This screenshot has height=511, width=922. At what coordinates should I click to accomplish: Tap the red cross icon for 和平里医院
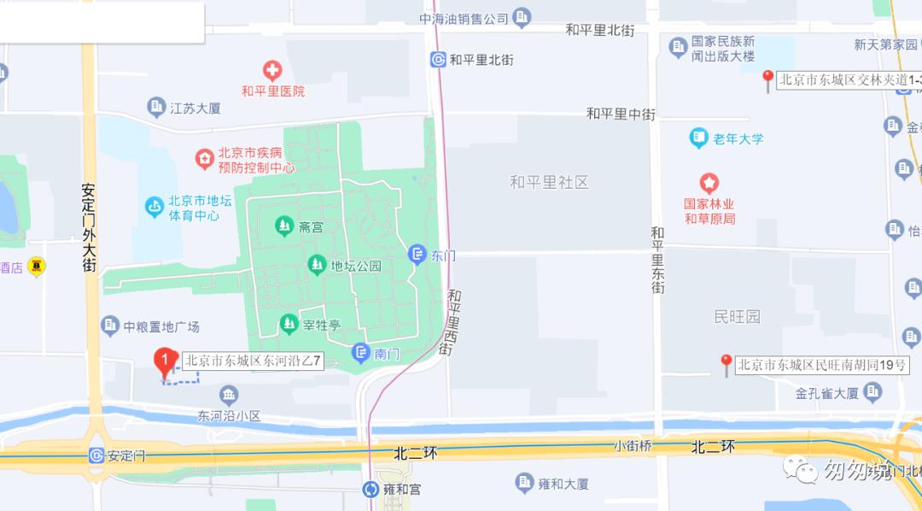[272, 70]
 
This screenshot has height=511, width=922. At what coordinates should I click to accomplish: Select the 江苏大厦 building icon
[156, 107]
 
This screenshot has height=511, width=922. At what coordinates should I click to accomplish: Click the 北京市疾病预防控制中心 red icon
[204, 159]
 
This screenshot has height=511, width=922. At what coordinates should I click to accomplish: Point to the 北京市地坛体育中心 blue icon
[154, 206]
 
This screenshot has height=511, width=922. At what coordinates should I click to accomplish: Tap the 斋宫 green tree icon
[283, 226]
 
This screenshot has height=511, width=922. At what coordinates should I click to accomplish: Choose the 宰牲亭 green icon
[289, 324]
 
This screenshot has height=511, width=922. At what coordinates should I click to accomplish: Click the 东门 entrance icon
[417, 254]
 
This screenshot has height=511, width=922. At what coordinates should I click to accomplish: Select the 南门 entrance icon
[361, 352]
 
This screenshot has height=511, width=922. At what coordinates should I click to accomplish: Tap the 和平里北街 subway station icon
[439, 59]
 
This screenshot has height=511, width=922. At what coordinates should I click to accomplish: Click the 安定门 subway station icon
[96, 455]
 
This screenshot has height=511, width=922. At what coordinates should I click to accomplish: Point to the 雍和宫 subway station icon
[371, 490]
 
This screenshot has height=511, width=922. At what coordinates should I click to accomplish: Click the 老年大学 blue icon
[699, 138]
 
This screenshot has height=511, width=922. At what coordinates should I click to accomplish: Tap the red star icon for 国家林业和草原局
[709, 183]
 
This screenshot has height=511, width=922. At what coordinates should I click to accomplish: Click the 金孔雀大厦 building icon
[872, 392]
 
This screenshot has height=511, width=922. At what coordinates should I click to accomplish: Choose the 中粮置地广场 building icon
[110, 326]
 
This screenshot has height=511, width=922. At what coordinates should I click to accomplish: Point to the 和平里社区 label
[549, 182]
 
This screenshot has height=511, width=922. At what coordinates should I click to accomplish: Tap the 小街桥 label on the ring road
[633, 445]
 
